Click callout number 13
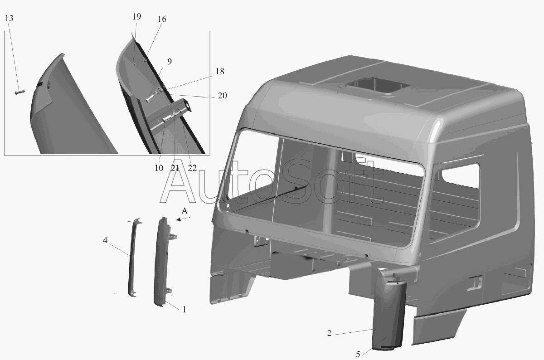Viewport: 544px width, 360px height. (9, 18)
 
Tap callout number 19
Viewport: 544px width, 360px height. (137, 16)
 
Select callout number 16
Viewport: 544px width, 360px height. (162, 19)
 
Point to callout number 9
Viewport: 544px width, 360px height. (170, 61)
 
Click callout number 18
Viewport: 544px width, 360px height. (220, 71)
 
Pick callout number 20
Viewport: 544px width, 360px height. (222, 96)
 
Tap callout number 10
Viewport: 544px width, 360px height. (159, 168)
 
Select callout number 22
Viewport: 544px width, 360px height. (192, 168)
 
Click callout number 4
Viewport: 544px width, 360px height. (105, 240)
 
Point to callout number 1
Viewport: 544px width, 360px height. (185, 309)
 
